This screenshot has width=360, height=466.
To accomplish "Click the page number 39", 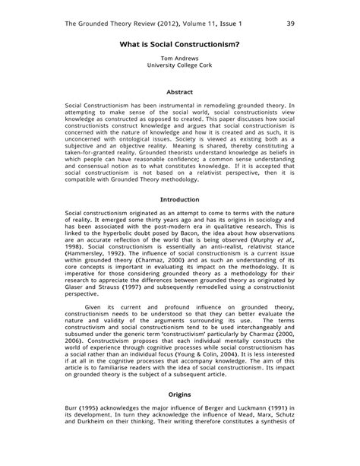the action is (291, 24).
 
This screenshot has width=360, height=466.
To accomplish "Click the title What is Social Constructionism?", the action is (180, 44).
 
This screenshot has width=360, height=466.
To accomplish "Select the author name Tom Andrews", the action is (179, 59).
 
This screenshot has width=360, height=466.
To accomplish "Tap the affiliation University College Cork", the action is (179, 66).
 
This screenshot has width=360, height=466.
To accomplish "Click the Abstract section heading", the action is (179, 92).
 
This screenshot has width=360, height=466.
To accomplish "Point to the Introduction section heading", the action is (179, 200).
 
